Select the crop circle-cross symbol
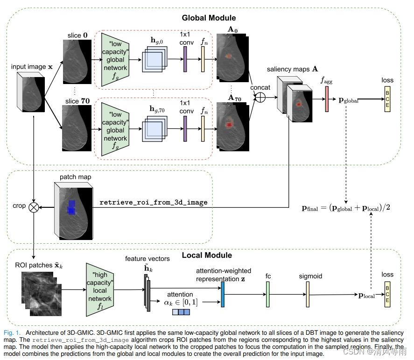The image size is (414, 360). click(34, 206)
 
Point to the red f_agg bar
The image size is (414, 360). click(327, 99)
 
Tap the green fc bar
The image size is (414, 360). click(268, 294)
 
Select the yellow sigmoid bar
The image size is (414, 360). click(308, 294)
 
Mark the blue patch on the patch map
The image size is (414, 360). click(71, 207)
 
